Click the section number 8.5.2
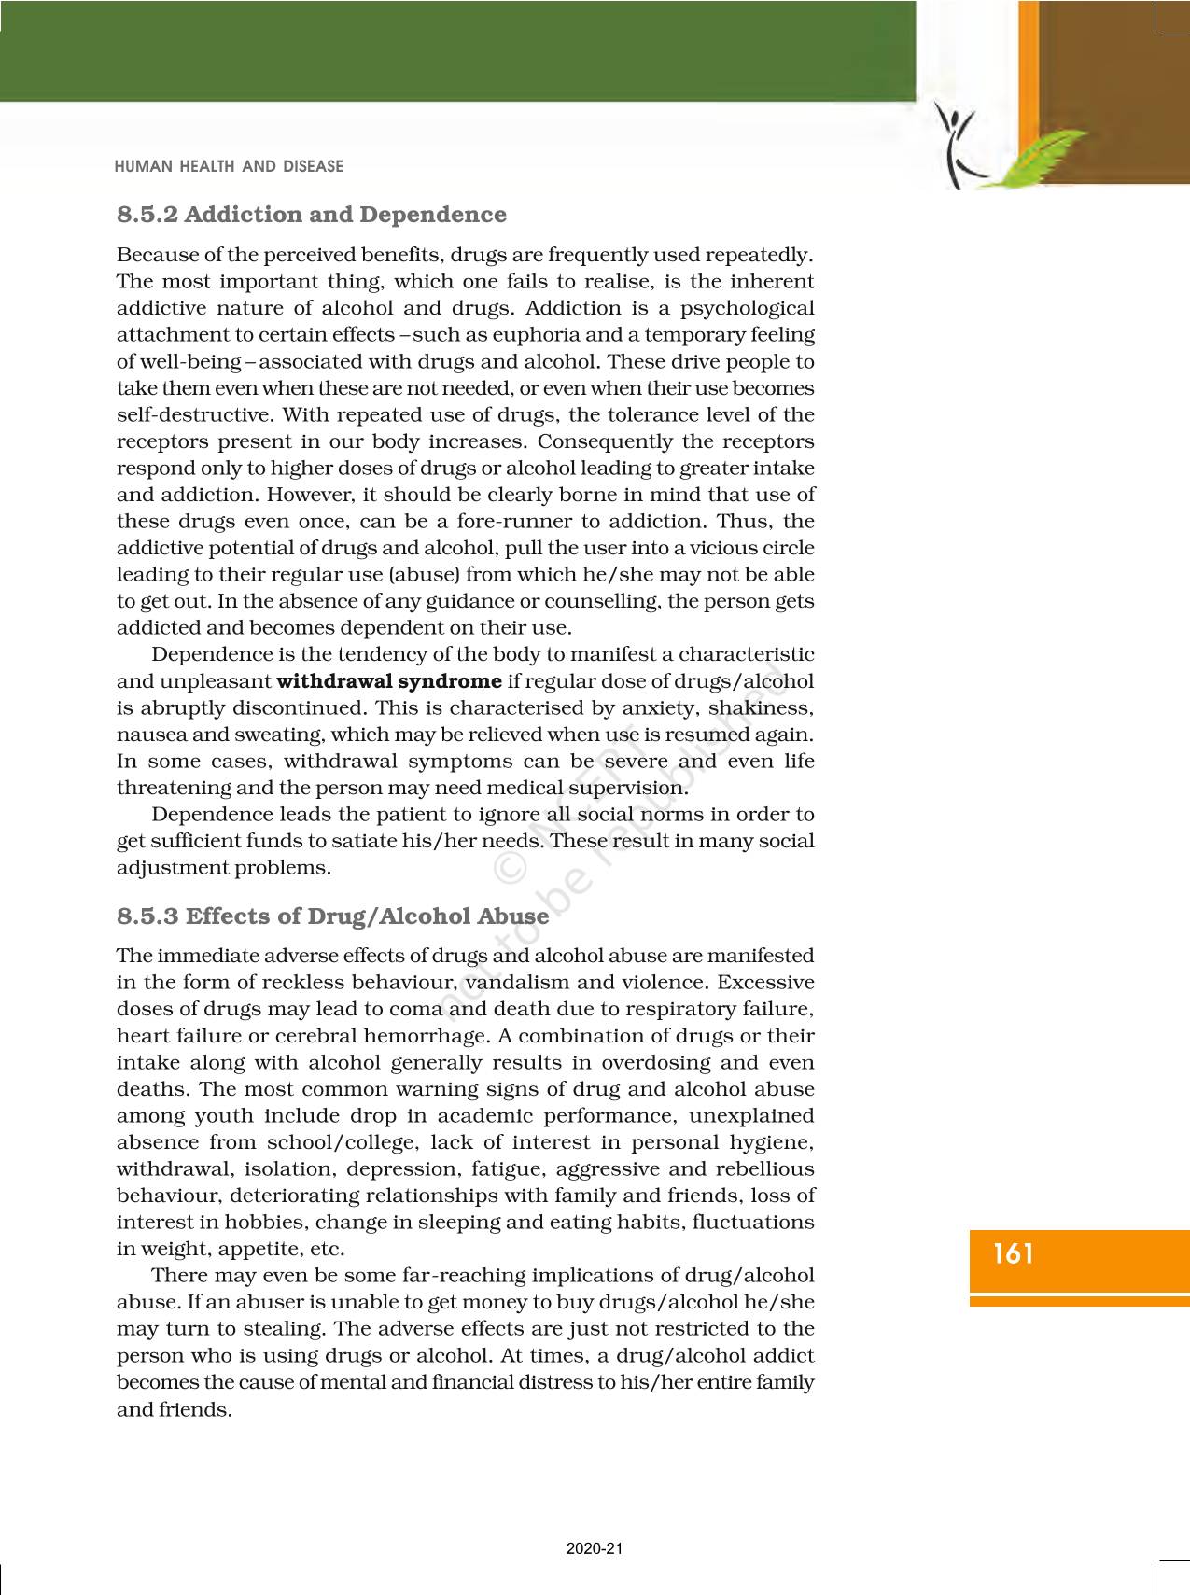pos(147,215)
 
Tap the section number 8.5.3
pos(147,916)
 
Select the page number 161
pos(1015,1253)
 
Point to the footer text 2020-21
pos(595,1548)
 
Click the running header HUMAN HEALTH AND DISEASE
pos(229,167)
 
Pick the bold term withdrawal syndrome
pos(389,681)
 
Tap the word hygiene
pos(773,1142)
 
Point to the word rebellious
pos(764,1169)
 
